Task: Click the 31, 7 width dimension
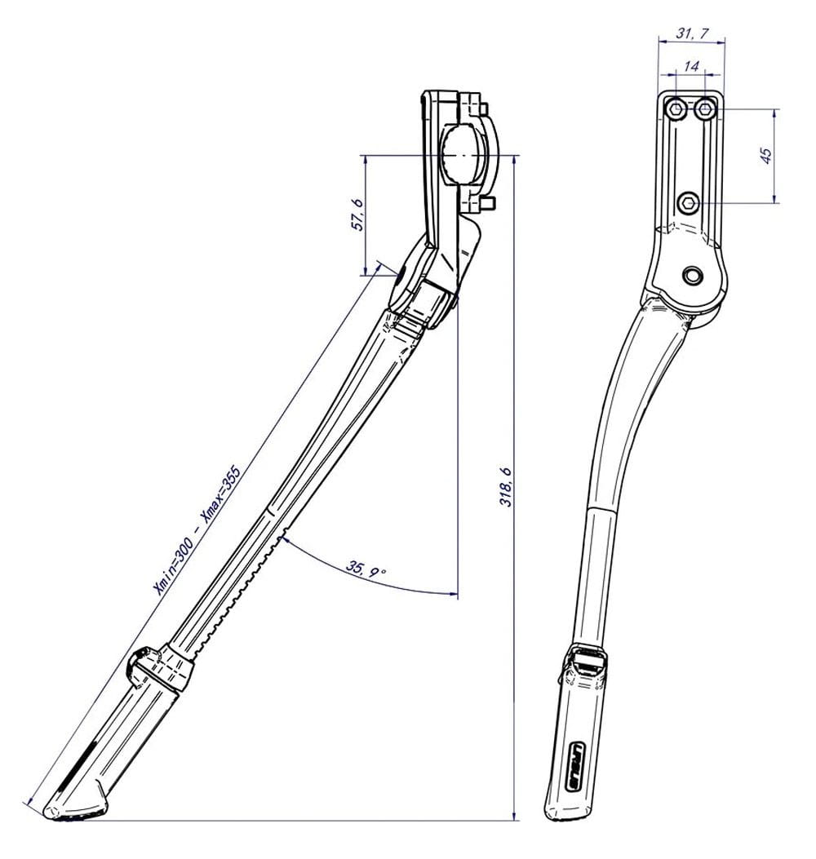(692, 33)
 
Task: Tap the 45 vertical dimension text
(765, 155)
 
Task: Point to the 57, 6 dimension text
(357, 215)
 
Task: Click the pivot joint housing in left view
(424, 281)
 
